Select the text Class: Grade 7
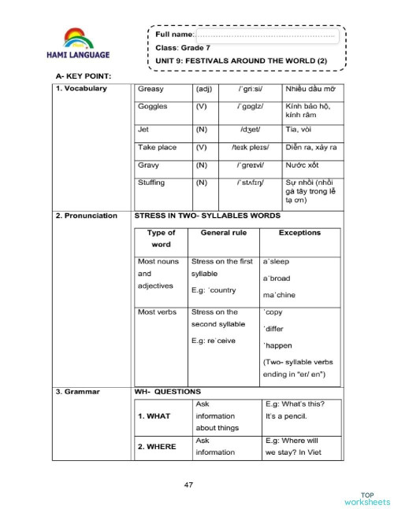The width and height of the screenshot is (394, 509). point(184,49)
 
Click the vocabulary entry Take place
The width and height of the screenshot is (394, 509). point(158,147)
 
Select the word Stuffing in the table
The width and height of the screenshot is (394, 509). point(151,183)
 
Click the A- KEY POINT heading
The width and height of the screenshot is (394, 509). point(84,76)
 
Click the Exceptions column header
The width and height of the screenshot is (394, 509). point(299,233)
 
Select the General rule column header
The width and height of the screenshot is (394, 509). point(224,233)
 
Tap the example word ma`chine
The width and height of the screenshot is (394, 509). point(280,295)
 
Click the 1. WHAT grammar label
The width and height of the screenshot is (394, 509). point(154,415)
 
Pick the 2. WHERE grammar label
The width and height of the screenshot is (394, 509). point(156,447)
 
